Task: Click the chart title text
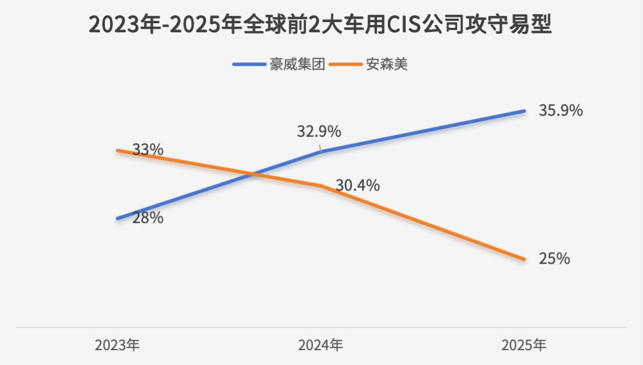(320, 24)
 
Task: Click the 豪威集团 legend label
(297, 65)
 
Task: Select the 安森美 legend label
(387, 65)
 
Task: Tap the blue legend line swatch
(249, 65)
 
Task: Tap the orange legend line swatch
(346, 65)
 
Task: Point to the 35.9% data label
(561, 111)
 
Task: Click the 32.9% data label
(319, 131)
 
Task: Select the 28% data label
(147, 218)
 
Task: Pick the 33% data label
(147, 150)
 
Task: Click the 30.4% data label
(358, 185)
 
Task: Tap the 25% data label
(555, 258)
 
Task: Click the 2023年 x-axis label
(117, 345)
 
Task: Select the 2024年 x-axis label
(321, 345)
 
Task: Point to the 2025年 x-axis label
(524, 345)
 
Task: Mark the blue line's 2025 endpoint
(524, 111)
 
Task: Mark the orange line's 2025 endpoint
(524, 259)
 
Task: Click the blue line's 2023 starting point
(118, 219)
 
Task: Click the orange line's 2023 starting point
(118, 151)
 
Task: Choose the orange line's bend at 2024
(321, 186)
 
